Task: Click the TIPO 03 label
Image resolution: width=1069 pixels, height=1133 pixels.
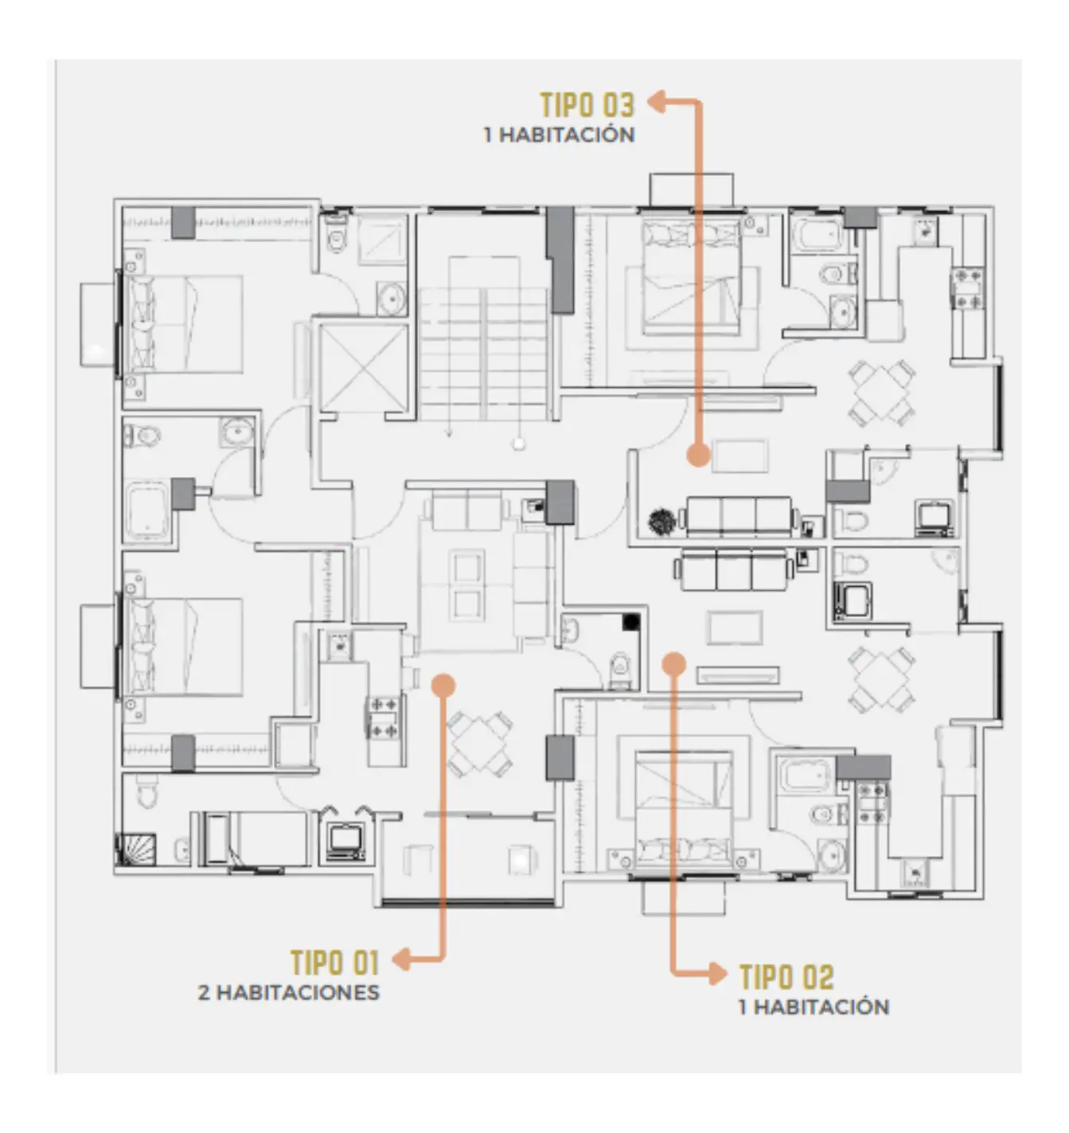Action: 587,104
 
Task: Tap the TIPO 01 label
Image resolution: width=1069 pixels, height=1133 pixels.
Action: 334,962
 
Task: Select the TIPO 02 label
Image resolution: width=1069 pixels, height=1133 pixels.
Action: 786,976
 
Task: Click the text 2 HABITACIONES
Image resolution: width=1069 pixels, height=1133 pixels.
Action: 289,993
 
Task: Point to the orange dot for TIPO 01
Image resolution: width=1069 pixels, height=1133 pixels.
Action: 442,685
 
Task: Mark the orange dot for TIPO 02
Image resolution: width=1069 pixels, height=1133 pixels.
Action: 674,663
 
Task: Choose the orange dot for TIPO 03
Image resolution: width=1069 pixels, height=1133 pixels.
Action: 698,455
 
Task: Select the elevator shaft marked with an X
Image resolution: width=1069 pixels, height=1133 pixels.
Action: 362,368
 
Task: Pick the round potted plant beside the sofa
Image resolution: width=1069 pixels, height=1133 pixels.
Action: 661,522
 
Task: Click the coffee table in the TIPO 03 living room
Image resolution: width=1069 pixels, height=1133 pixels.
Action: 740,456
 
